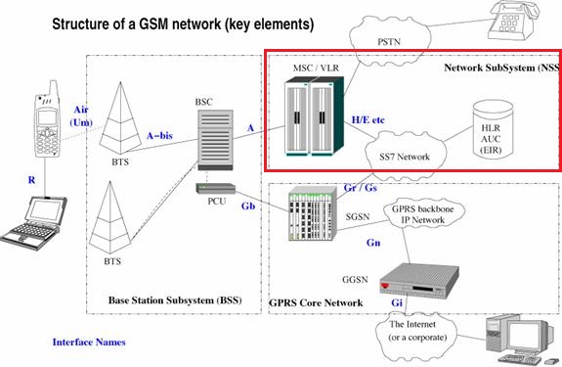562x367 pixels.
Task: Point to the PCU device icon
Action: [x=215, y=188]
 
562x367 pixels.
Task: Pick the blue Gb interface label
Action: [x=249, y=207]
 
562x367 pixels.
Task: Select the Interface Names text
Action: [x=89, y=343]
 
